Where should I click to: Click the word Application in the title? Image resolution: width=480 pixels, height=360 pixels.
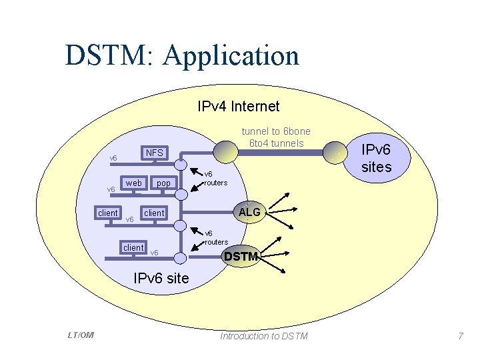(x=231, y=56)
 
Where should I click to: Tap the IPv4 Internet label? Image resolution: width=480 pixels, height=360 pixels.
(x=239, y=106)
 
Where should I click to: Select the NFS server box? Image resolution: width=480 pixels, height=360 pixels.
(x=155, y=153)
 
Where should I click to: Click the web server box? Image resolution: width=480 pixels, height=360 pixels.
(x=134, y=183)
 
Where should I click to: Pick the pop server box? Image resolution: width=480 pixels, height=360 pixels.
(x=163, y=183)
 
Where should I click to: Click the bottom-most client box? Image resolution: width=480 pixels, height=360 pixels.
(x=134, y=247)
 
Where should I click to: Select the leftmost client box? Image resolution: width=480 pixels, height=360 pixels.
(x=107, y=213)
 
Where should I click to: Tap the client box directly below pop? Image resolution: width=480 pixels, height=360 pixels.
(x=155, y=213)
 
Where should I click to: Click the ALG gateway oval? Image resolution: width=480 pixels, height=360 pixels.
(x=249, y=212)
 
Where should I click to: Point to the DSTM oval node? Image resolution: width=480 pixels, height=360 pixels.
(x=241, y=256)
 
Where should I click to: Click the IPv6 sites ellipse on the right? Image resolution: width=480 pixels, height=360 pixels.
(x=376, y=158)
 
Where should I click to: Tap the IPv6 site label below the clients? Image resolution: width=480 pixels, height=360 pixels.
(x=161, y=278)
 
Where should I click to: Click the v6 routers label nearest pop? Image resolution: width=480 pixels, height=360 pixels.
(x=215, y=178)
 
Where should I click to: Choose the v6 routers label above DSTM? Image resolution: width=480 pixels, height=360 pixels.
(x=215, y=237)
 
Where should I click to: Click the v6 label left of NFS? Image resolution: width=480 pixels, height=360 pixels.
(x=113, y=159)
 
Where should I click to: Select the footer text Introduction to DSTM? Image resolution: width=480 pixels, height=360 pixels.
(x=264, y=336)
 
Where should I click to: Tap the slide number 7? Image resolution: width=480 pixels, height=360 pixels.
(x=460, y=336)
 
